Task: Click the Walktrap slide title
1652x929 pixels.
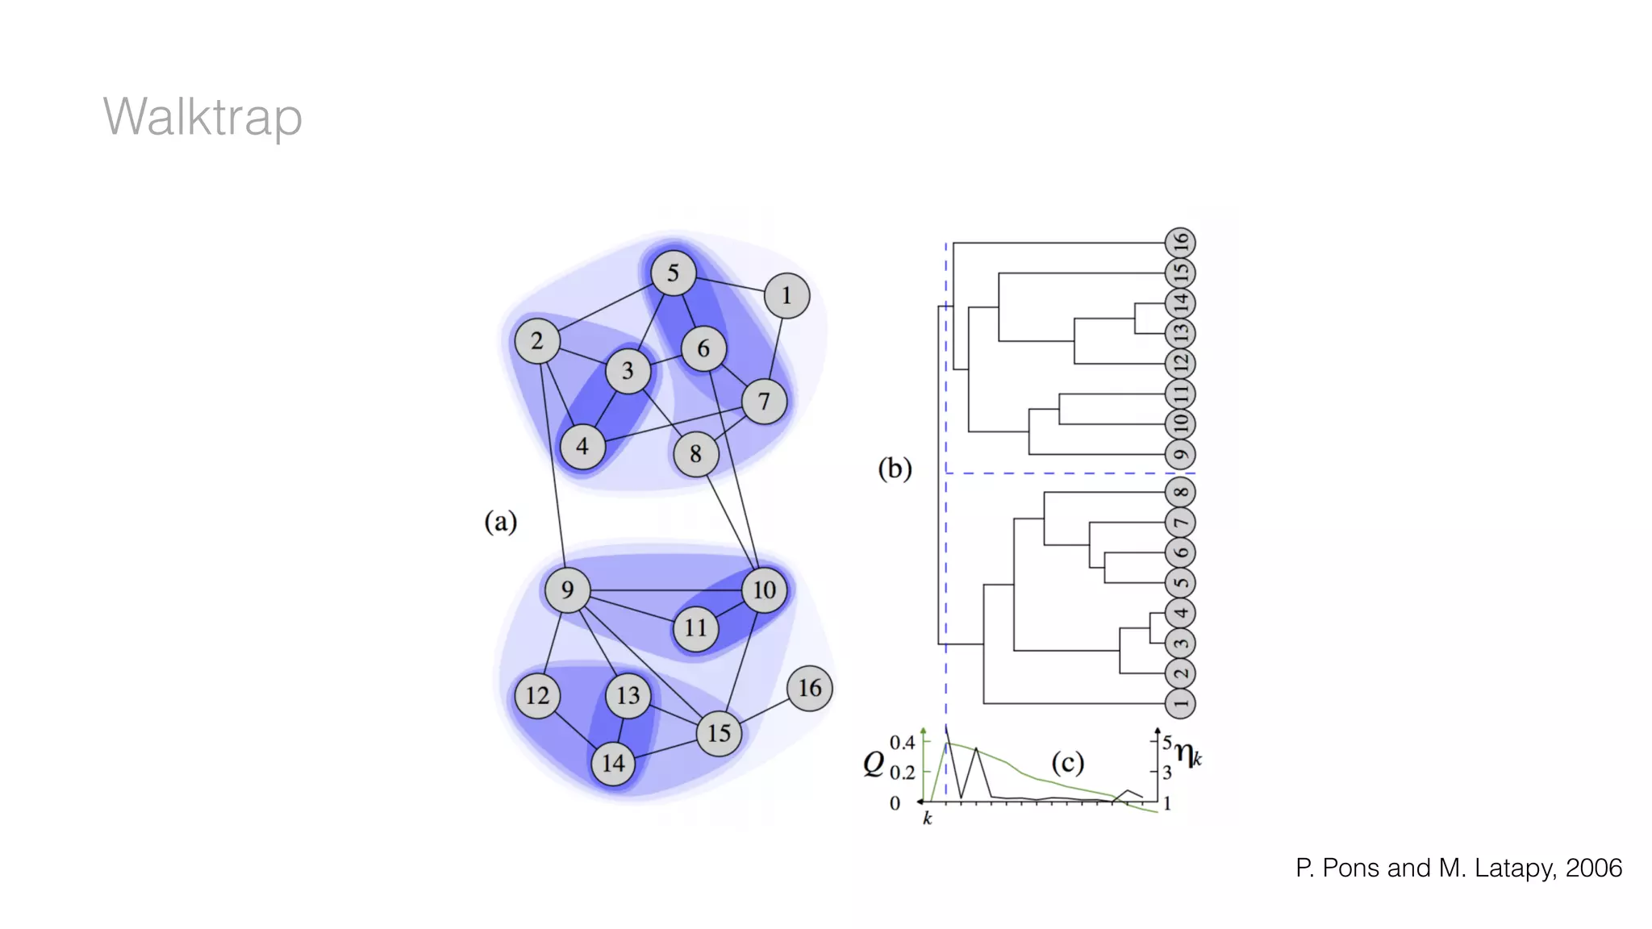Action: pos(202,117)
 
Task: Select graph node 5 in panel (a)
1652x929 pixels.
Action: pos(673,273)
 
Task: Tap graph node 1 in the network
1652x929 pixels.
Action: pos(786,296)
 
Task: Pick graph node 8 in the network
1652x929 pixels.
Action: pos(695,454)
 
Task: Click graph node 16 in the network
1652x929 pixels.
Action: pos(809,688)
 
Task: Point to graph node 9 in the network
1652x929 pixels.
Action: pos(567,589)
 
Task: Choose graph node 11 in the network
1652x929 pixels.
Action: pos(695,627)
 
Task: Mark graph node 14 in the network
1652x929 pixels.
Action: pos(613,763)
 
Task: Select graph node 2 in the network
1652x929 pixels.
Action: pos(537,341)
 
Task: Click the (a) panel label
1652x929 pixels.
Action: pos(500,522)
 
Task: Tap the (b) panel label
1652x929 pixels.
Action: pos(895,469)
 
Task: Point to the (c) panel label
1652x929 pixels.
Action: pos(1067,763)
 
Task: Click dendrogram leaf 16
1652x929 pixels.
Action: pos(1180,243)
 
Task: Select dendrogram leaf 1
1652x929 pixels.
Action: pos(1180,704)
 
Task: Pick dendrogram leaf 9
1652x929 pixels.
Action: pos(1180,455)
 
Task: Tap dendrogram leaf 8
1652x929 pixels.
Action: pos(1180,492)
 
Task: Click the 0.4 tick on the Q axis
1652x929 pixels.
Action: pos(902,742)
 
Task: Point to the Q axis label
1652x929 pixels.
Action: pos(874,762)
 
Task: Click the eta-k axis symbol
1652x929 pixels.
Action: pos(1187,755)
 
